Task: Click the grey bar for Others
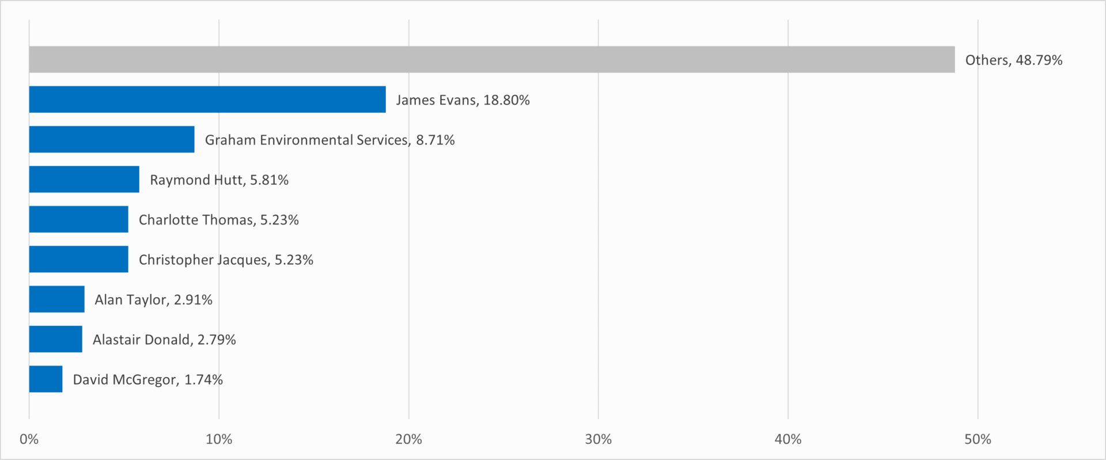click(491, 59)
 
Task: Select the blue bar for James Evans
click(207, 100)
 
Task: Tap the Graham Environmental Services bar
click(112, 139)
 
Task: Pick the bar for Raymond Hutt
click(84, 179)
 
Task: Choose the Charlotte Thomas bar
click(78, 219)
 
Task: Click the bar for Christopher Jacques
click(78, 259)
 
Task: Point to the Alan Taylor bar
click(56, 299)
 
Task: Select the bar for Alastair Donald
click(55, 339)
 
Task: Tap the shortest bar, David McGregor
click(46, 379)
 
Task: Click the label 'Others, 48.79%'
click(1013, 60)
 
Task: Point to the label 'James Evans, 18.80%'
click(463, 100)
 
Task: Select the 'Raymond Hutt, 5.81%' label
click(219, 180)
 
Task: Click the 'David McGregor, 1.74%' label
click(147, 380)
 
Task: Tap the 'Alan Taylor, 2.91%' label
click(153, 300)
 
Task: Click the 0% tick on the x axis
click(29, 440)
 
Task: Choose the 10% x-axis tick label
click(219, 440)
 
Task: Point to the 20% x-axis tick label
click(408, 440)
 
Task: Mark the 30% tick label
click(598, 440)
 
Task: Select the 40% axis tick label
click(787, 440)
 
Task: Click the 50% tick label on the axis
click(977, 440)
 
